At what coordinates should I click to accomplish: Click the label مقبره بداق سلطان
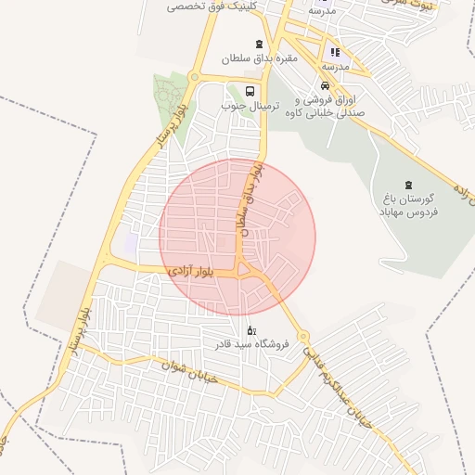coord(259,58)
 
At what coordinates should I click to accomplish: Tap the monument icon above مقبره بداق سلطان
coord(259,44)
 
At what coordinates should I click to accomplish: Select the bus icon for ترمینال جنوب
coord(250,91)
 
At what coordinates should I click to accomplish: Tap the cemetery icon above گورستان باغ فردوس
coord(409,185)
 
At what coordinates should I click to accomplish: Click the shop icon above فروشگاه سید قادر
coord(250,330)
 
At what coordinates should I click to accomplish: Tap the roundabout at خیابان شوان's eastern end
coord(302,336)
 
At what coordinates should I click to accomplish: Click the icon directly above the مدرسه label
coord(335,52)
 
